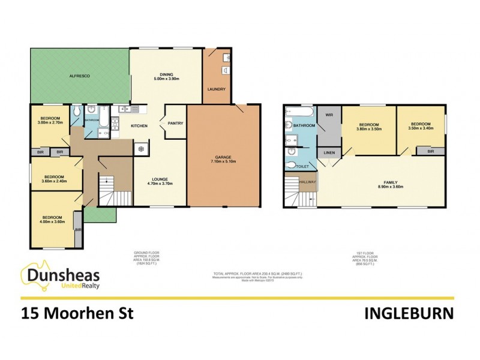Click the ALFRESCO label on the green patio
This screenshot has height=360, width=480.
tap(79, 76)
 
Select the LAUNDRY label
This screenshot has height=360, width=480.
tap(216, 89)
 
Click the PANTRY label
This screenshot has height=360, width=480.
tap(176, 124)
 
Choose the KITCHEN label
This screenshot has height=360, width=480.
tap(140, 125)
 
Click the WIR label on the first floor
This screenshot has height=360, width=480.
tap(329, 114)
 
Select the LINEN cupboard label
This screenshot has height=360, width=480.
tap(329, 153)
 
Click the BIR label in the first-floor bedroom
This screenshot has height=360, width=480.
tap(431, 152)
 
